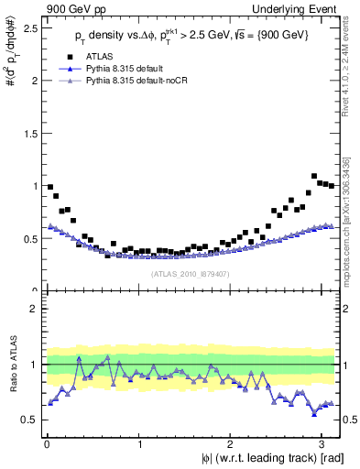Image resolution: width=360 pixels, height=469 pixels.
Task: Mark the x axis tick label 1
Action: (x=139, y=444)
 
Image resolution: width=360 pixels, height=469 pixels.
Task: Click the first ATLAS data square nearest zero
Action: (x=49, y=187)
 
